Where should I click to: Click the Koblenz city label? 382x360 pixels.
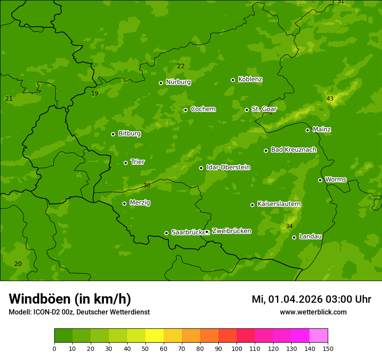(x=250, y=79)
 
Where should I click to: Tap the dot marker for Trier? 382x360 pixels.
(x=126, y=163)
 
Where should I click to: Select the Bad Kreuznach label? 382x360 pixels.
(x=293, y=150)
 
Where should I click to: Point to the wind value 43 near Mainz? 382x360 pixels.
(x=330, y=99)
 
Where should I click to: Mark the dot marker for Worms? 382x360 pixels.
(x=320, y=180)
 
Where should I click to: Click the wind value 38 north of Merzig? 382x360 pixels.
(x=147, y=185)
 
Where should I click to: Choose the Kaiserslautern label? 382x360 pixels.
(x=279, y=204)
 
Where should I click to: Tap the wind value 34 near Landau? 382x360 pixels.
(x=289, y=226)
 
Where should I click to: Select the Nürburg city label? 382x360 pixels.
(x=178, y=82)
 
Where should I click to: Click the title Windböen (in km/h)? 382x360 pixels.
(x=70, y=299)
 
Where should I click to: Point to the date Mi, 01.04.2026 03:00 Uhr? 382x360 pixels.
(x=311, y=299)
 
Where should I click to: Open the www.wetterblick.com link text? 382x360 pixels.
(x=313, y=312)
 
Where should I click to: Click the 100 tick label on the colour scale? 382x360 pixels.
(x=237, y=348)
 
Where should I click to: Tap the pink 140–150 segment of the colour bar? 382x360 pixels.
(x=319, y=336)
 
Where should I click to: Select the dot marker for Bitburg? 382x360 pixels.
(x=113, y=134)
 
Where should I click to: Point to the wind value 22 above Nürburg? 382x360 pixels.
(x=181, y=66)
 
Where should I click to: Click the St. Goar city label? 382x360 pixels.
(x=264, y=109)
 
